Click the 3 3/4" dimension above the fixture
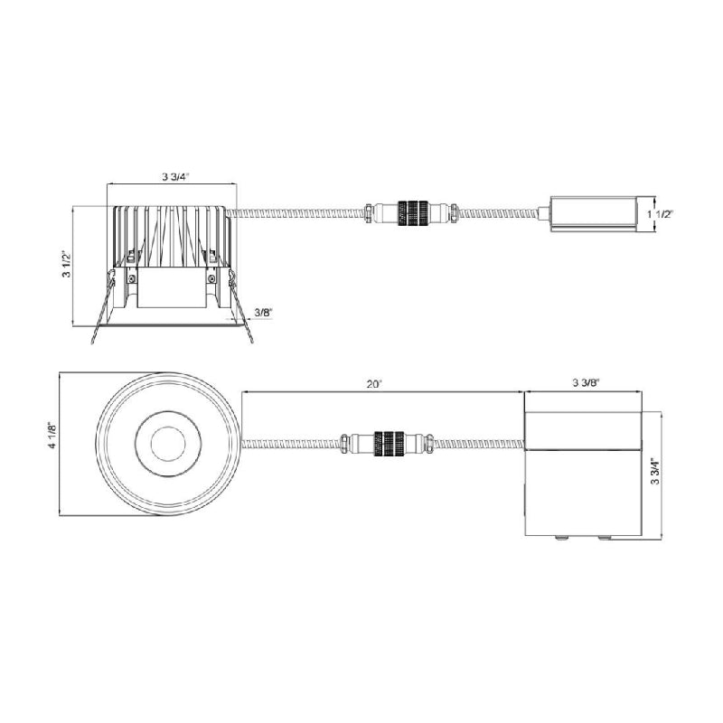(x=175, y=176)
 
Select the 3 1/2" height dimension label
(x=67, y=265)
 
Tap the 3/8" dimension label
(x=264, y=312)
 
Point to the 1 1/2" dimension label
(x=661, y=214)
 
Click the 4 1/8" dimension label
(x=52, y=436)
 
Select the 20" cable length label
(x=375, y=383)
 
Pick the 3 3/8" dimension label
(x=586, y=382)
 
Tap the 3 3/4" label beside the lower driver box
(x=655, y=471)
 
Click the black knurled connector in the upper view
(x=412, y=213)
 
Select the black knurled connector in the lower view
(x=390, y=444)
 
